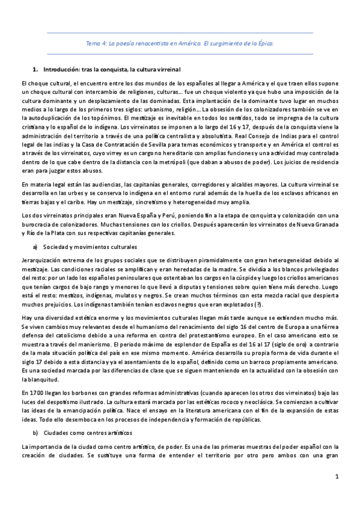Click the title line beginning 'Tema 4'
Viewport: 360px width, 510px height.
180,44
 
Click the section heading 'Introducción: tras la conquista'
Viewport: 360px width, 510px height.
111,70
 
